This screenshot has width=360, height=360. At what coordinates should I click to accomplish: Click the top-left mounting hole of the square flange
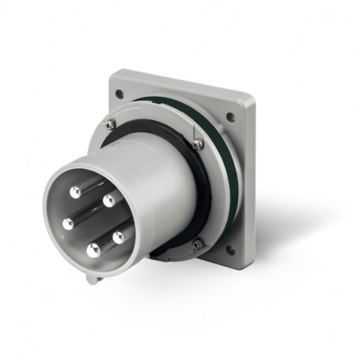119,94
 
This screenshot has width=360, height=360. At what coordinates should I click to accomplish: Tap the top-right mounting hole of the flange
230,118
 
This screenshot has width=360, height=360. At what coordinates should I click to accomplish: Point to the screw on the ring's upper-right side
197,143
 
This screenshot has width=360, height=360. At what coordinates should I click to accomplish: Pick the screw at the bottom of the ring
197,244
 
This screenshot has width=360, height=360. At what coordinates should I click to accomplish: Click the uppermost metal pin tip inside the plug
75,192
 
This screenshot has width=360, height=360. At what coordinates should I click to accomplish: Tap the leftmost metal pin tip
68,224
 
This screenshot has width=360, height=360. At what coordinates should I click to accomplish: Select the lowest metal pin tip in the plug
94,251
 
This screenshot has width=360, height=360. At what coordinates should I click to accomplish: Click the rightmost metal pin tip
119,235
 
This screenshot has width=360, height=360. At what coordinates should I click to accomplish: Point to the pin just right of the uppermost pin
108,200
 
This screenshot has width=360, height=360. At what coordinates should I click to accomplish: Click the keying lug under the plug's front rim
94,277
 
